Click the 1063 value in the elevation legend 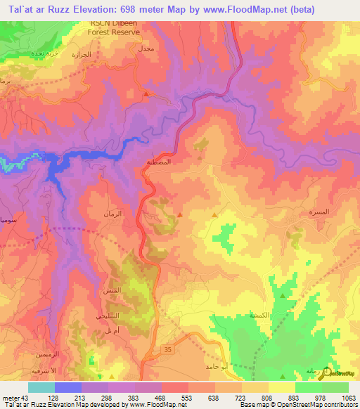349,397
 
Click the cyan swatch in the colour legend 41,387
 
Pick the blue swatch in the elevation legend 68,387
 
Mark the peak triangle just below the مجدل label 146,93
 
